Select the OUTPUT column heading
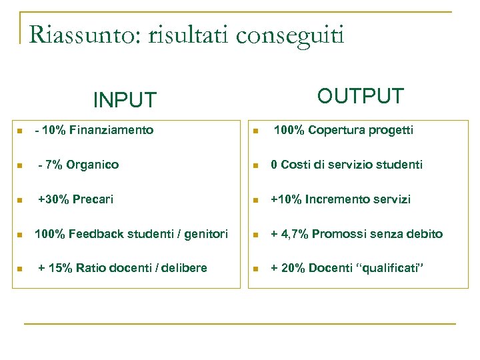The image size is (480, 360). click(x=360, y=96)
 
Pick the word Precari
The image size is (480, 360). click(x=93, y=199)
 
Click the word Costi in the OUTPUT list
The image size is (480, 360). click(x=295, y=165)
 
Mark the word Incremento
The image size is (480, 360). click(x=335, y=199)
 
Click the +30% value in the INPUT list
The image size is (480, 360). click(x=52, y=199)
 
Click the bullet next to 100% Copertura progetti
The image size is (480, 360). click(x=255, y=131)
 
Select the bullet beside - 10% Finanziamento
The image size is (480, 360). click(x=21, y=131)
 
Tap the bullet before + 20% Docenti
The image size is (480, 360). click(x=255, y=269)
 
